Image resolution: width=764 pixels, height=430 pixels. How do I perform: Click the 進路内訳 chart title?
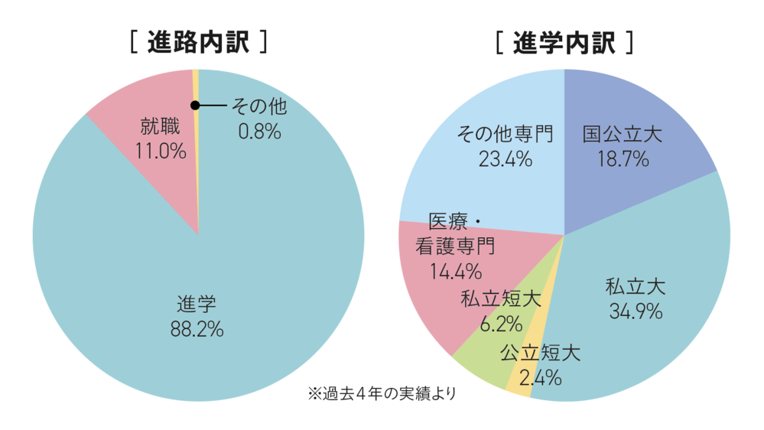199,42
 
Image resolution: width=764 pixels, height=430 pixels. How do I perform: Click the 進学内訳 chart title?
564,42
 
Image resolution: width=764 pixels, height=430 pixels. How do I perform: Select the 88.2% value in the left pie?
197,330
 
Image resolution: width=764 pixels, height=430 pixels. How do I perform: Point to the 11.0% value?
161,150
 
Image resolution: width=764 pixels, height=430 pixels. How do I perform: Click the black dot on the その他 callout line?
195,105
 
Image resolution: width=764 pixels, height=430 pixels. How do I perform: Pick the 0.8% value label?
260,131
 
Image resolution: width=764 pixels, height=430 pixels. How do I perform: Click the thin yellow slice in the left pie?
197,84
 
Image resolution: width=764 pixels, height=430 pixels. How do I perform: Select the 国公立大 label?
622,135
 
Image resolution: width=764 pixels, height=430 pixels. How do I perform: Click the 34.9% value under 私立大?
636,311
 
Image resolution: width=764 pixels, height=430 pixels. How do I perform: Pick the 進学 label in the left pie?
197,305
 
